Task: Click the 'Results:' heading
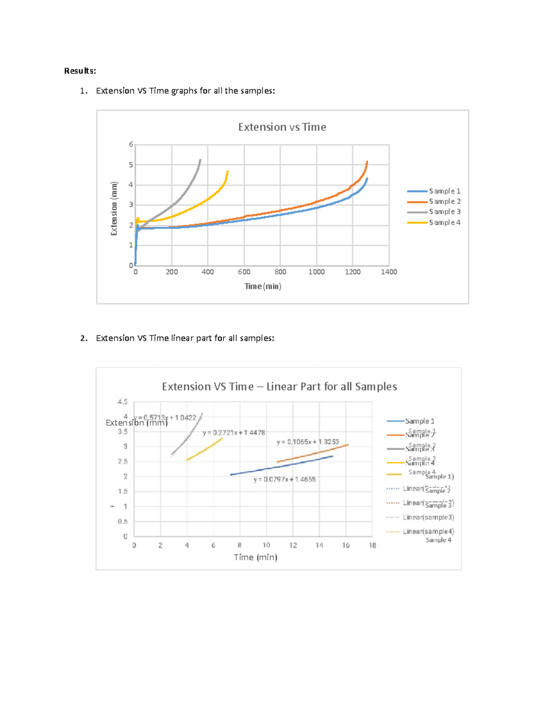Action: (x=80, y=71)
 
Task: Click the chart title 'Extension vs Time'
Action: (x=282, y=127)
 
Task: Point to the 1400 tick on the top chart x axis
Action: (x=389, y=272)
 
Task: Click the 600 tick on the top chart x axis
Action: (x=244, y=272)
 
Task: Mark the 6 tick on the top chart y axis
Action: (x=131, y=144)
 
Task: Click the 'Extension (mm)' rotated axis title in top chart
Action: (x=114, y=208)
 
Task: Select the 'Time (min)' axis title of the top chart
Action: (x=263, y=286)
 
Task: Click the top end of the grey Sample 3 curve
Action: (x=200, y=160)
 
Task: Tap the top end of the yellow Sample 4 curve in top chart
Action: (x=228, y=172)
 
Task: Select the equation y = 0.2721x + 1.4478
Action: (x=233, y=433)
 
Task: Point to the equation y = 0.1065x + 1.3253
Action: (x=307, y=442)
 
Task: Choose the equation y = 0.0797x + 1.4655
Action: (x=284, y=479)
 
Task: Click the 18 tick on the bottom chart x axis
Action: (x=372, y=545)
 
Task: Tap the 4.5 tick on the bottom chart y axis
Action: (x=123, y=402)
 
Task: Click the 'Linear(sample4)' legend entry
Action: (x=428, y=532)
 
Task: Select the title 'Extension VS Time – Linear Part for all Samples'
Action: (x=279, y=387)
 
